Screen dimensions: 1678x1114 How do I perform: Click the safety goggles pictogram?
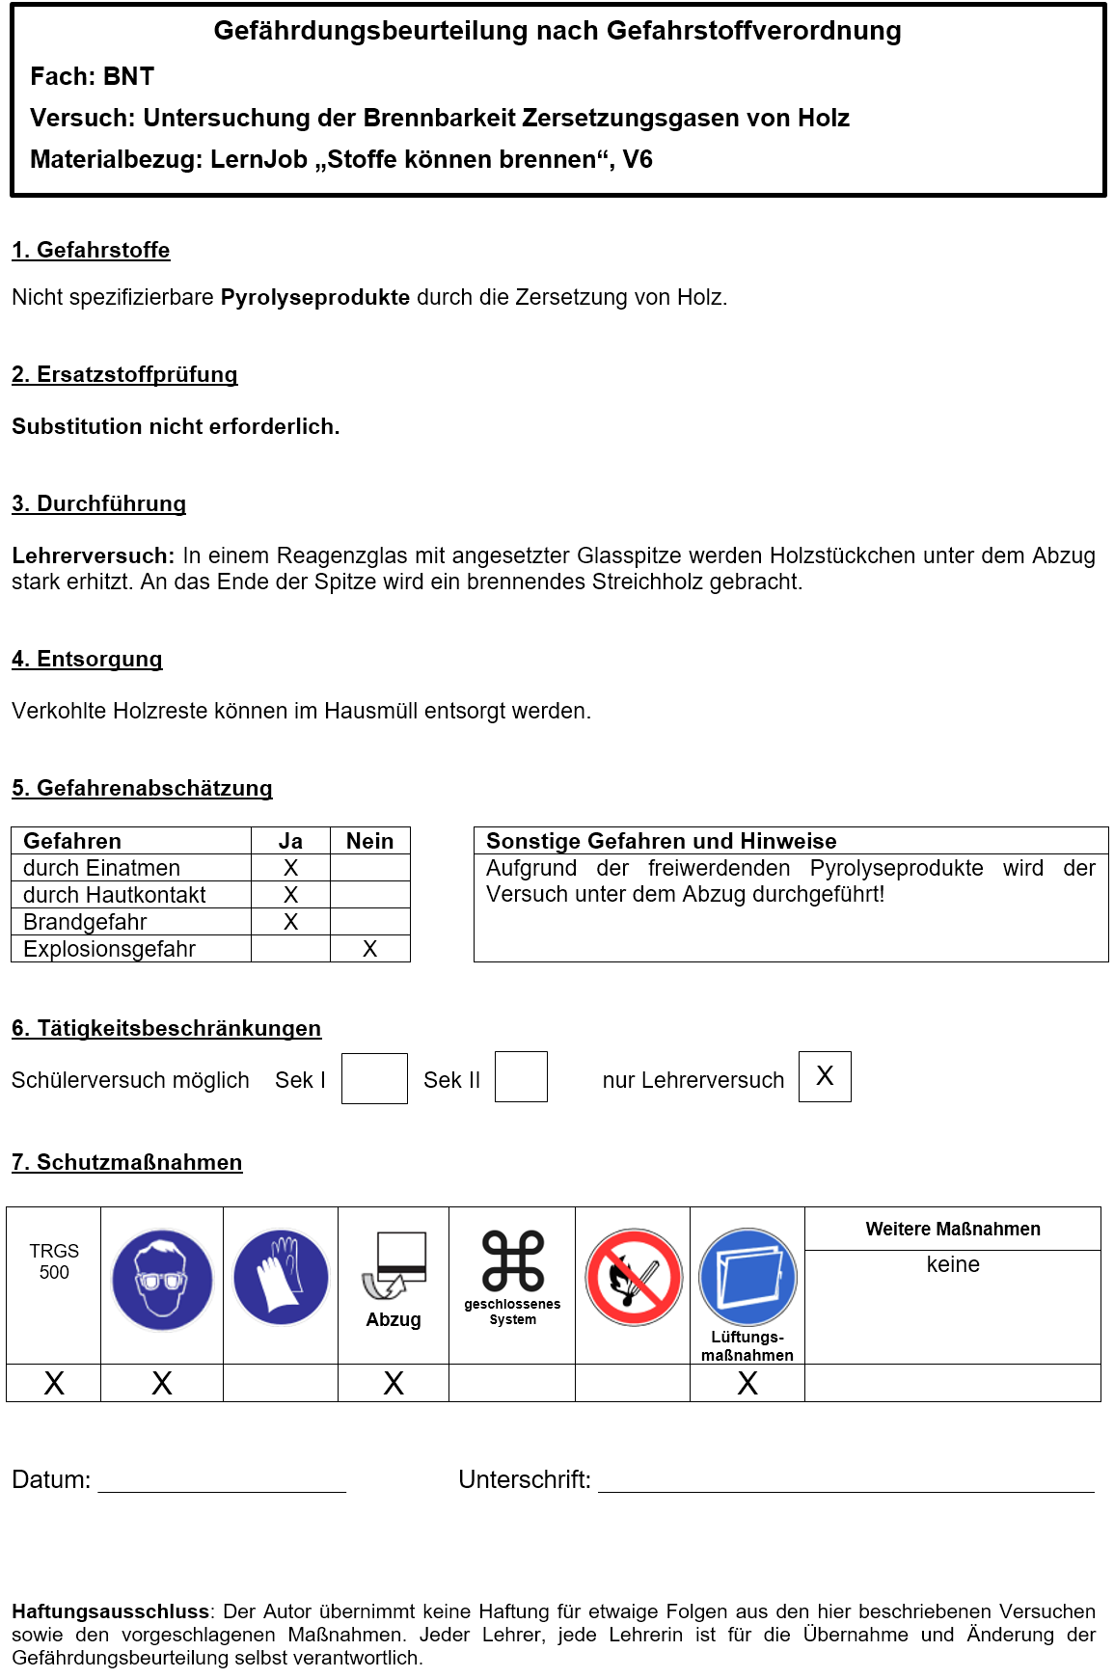coord(162,1279)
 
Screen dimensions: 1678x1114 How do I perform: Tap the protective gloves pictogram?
coord(281,1277)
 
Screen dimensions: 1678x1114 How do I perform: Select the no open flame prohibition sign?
coord(634,1277)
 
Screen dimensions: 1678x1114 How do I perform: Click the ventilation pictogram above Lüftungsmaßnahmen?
coord(747,1276)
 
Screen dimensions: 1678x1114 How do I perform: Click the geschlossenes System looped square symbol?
coord(512,1260)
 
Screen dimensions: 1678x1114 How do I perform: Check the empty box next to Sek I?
coord(374,1078)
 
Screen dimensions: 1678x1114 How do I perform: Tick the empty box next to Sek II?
coord(521,1076)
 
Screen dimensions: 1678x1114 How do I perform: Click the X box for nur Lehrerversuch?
coord(825,1076)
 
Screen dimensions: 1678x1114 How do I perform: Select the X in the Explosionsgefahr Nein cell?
coord(369,949)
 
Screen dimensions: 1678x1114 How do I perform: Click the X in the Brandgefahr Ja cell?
coord(290,922)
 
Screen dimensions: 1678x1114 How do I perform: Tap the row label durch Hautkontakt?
coord(114,895)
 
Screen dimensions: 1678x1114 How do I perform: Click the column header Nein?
coord(369,841)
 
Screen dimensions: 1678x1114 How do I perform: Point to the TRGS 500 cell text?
coord(54,1261)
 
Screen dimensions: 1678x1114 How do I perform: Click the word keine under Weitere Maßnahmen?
coord(952,1264)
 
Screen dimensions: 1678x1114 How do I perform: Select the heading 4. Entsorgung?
coord(87,659)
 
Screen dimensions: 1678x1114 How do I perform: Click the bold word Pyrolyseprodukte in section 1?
coord(315,297)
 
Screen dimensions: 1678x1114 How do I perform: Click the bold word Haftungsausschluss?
coord(110,1611)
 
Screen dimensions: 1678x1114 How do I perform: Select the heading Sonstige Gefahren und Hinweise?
coord(661,841)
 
